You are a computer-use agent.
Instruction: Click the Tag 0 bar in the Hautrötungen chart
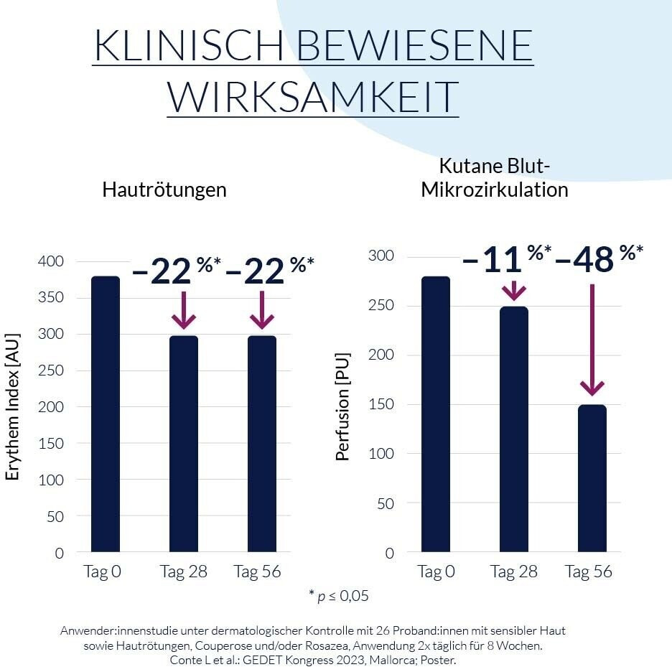pyautogui.click(x=106, y=414)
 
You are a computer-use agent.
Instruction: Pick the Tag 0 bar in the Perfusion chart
pyautogui.click(x=436, y=414)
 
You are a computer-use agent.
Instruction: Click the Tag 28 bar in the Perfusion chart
pyautogui.click(x=514, y=429)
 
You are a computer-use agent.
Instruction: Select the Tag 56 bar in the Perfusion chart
pyautogui.click(x=592, y=478)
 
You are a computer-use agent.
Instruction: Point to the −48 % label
pyautogui.click(x=598, y=259)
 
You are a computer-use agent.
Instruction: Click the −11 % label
pyautogui.click(x=505, y=259)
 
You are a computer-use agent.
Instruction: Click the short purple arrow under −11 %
pyautogui.click(x=514, y=290)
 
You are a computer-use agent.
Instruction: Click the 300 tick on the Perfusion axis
pyautogui.click(x=381, y=256)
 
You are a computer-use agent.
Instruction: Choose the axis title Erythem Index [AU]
pyautogui.click(x=13, y=406)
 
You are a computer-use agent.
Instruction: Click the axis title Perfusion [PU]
pyautogui.click(x=343, y=406)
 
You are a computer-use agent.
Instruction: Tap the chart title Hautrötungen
pyautogui.click(x=164, y=190)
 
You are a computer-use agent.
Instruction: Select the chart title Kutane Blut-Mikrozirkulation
pyautogui.click(x=495, y=179)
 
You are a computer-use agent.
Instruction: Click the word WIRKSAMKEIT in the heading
pyautogui.click(x=313, y=97)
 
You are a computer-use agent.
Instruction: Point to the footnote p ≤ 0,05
pyautogui.click(x=338, y=595)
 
